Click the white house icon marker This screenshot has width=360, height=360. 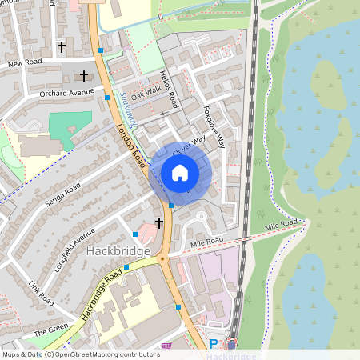coord(180,173)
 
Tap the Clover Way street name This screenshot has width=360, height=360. coord(189,142)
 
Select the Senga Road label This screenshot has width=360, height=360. coord(63,192)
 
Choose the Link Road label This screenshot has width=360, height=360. coord(40,294)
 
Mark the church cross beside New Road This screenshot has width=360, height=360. coord(62,47)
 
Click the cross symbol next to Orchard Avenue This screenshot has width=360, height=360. coord(86,77)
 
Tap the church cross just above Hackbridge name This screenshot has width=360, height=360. coord(158,222)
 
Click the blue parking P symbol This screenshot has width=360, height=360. coord(213,344)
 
